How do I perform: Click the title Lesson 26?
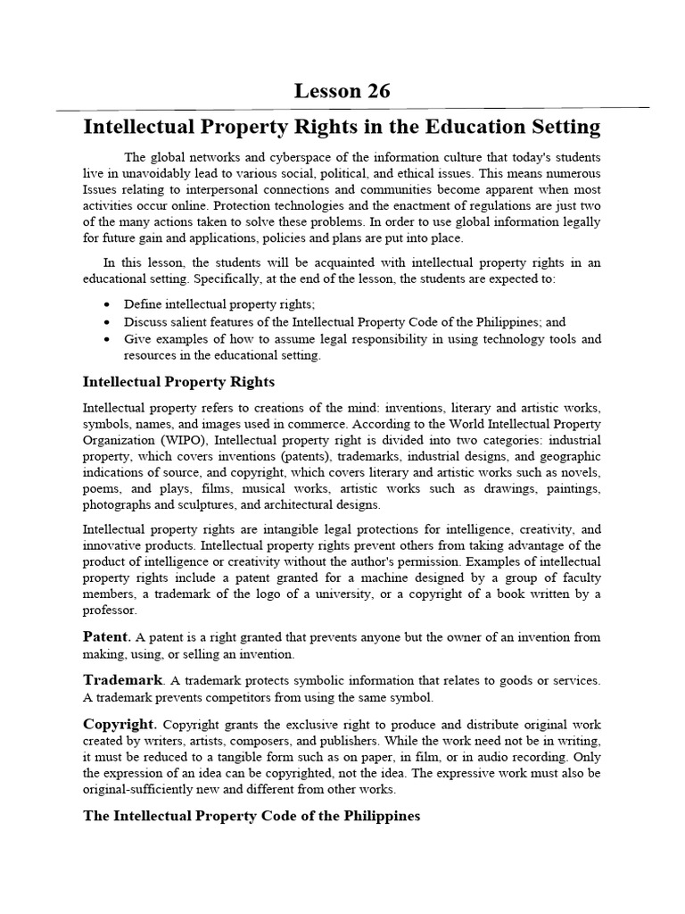[342, 91]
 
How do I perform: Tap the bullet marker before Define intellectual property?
[107, 305]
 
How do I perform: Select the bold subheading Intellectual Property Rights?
[178, 382]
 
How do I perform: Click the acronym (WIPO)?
[181, 439]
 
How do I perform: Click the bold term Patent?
[106, 637]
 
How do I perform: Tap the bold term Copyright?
[120, 724]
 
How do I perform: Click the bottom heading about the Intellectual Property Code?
[251, 817]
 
